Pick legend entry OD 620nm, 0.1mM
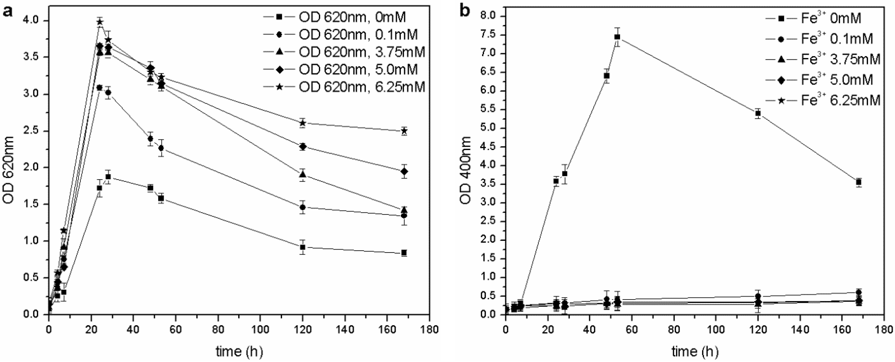358,34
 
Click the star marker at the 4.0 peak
100,22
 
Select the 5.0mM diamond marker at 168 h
404,171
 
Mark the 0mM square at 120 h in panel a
303,247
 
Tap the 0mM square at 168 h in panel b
859,182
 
